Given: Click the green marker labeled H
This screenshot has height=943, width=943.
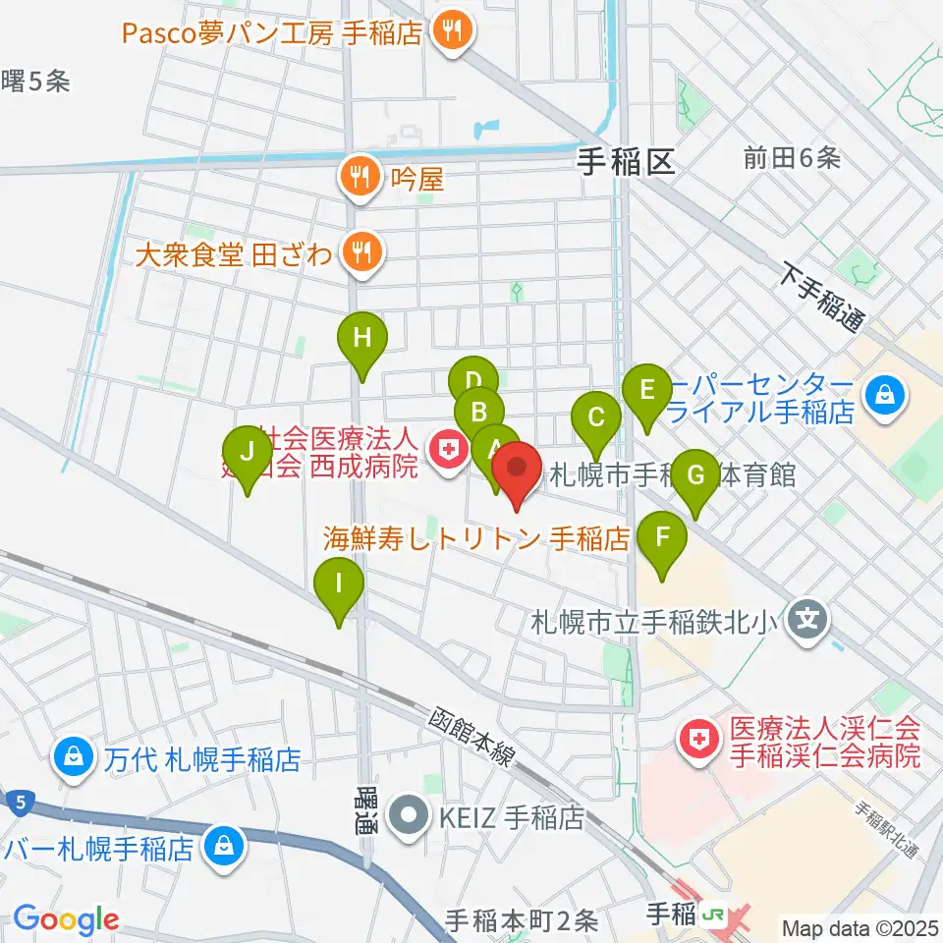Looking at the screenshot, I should point(362,341).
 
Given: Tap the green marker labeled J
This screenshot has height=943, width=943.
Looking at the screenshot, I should point(247,454).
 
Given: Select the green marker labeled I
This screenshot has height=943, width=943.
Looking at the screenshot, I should point(339,586).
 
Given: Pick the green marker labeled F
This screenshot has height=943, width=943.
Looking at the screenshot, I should point(663,539).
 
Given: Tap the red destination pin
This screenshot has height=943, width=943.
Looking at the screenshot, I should point(517,471).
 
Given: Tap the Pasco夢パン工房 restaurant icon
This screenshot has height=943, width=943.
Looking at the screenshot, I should point(453,33).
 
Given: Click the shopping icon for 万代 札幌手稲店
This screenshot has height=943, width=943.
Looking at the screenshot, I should point(74,757).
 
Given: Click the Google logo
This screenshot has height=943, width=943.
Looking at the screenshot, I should point(66,919).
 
